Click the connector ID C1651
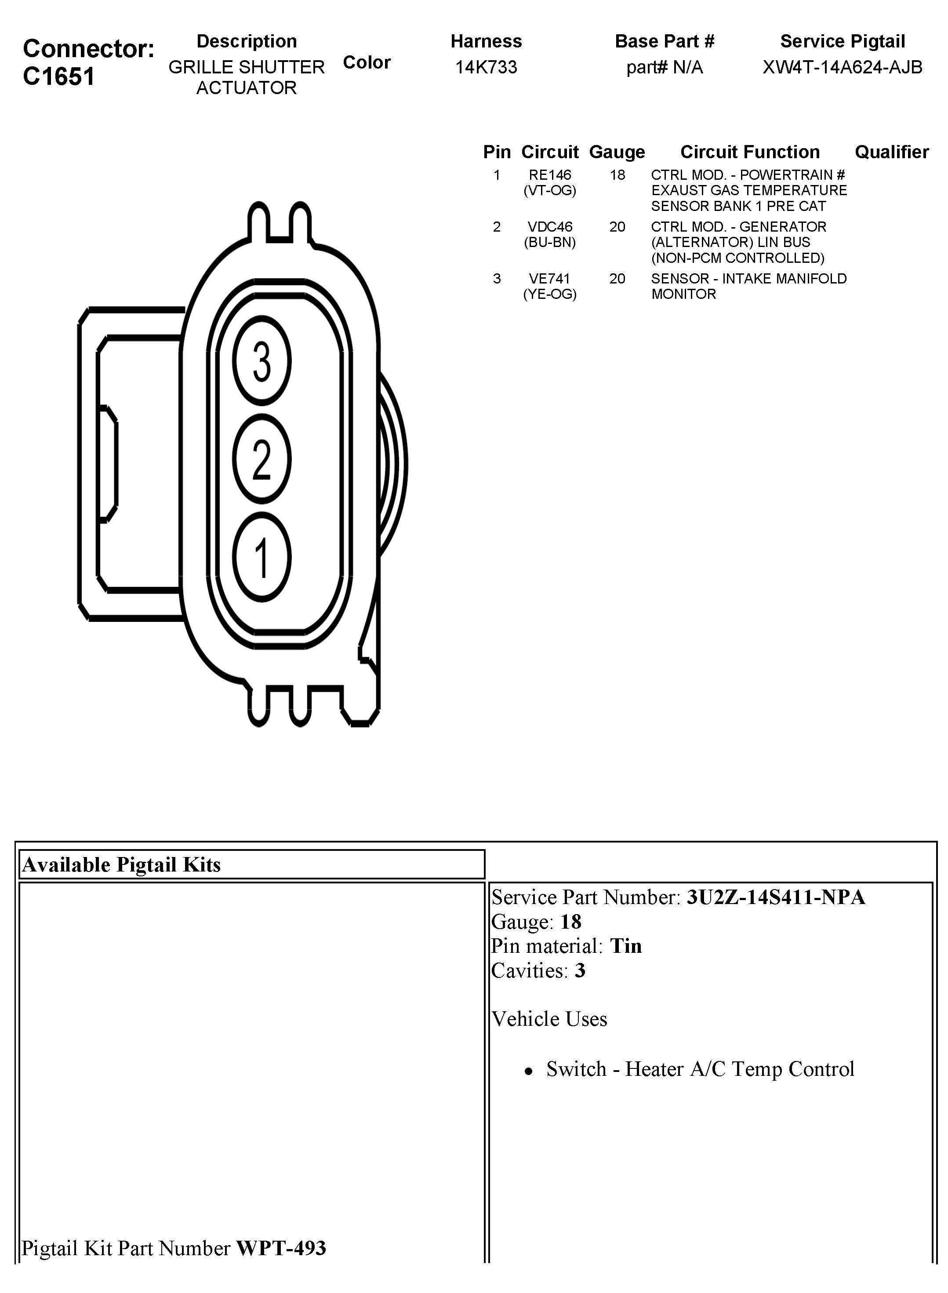coord(58,76)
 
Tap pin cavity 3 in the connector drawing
coord(262,361)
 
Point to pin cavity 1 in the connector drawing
coord(262,557)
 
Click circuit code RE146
coord(550,175)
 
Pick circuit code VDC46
coord(550,227)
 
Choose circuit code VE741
coord(550,278)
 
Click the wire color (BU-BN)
coord(550,242)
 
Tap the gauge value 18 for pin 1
coord(617,175)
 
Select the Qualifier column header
coord(891,152)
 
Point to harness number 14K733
coord(486,67)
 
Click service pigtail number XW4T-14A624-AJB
coord(842,67)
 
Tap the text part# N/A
coord(664,67)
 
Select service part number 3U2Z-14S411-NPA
coord(775,897)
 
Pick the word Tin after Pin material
coord(625,946)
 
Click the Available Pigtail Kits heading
coord(121,865)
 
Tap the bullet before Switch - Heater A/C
coord(529,1071)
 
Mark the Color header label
coord(367,62)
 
